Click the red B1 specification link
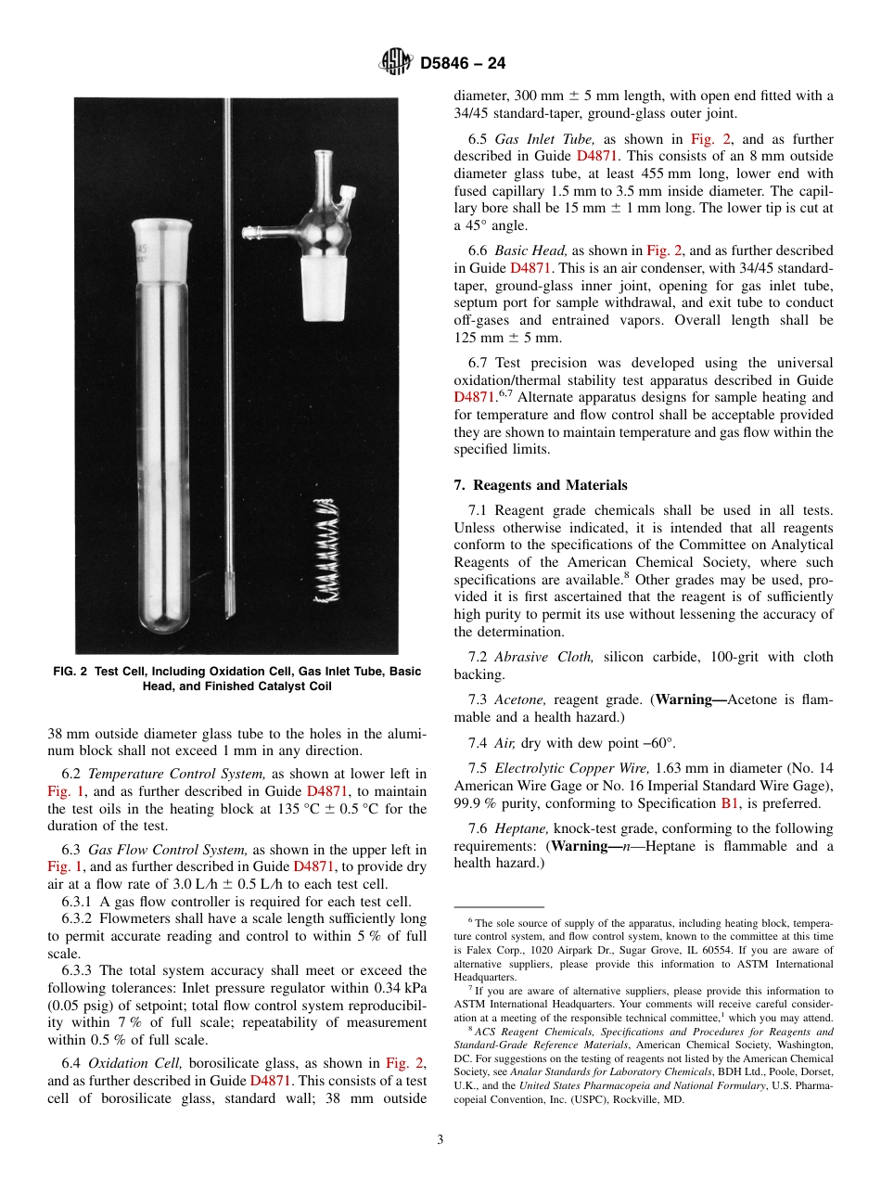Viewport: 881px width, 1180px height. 729,803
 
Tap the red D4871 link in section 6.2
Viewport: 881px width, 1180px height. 326,791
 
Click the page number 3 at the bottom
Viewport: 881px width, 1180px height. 440,1140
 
